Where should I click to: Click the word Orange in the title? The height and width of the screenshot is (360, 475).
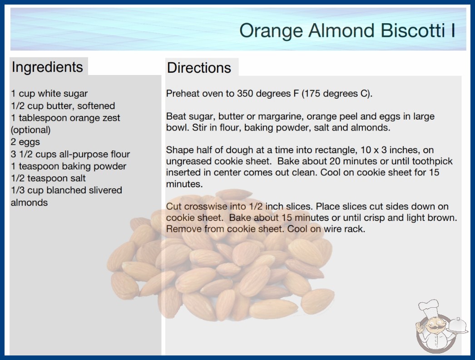point(271,31)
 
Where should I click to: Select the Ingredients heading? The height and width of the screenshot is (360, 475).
point(47,67)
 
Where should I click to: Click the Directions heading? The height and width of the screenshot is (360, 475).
point(199,68)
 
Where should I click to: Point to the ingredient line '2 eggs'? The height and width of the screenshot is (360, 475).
point(25,142)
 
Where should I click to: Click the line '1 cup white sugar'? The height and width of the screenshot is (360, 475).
point(49,94)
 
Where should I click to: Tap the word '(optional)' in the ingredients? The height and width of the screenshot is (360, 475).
point(30,130)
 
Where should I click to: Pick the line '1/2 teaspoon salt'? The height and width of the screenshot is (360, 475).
point(48,178)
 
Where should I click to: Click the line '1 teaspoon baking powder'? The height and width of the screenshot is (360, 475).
point(69,166)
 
